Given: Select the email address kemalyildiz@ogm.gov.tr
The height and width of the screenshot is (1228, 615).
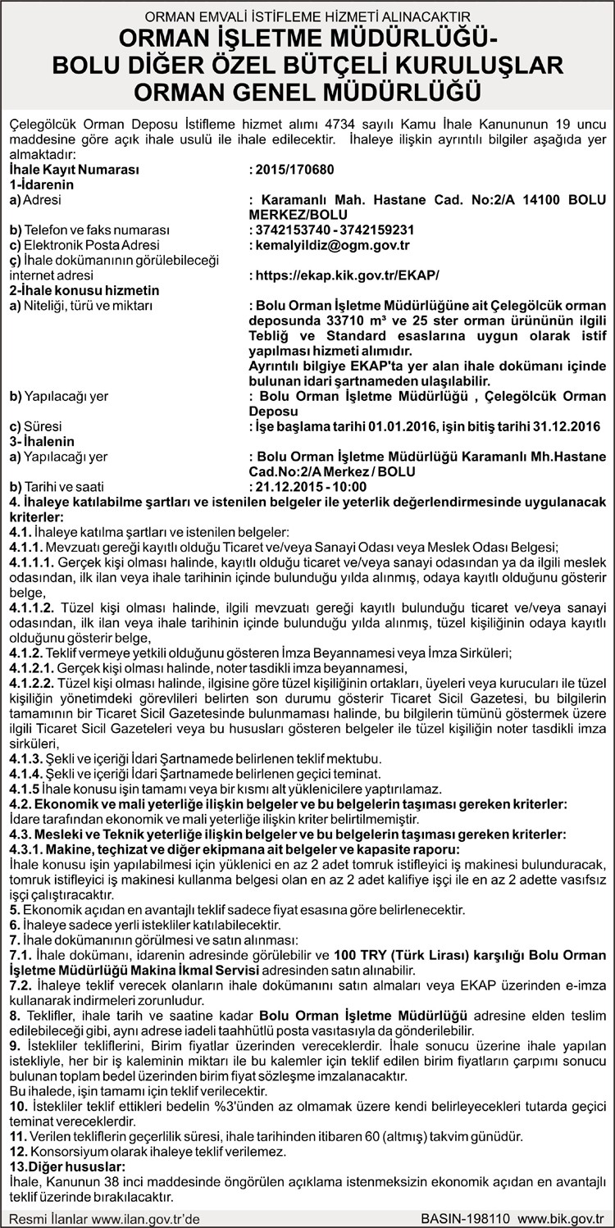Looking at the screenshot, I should point(333,244).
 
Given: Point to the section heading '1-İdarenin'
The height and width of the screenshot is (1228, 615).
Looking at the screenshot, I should point(42,184).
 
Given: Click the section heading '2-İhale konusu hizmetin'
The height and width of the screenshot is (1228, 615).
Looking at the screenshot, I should point(84,290).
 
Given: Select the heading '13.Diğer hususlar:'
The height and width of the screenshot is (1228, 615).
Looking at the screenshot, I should point(67,1166).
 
